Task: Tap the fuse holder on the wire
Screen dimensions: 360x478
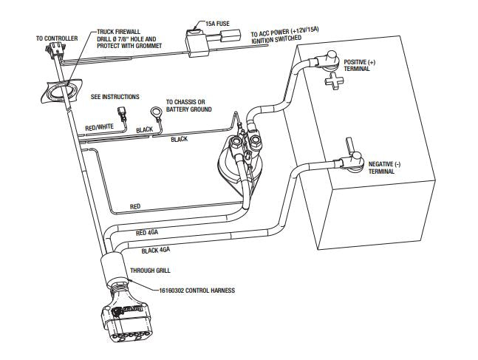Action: [197, 40]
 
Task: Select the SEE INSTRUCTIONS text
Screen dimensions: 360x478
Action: [115, 96]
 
